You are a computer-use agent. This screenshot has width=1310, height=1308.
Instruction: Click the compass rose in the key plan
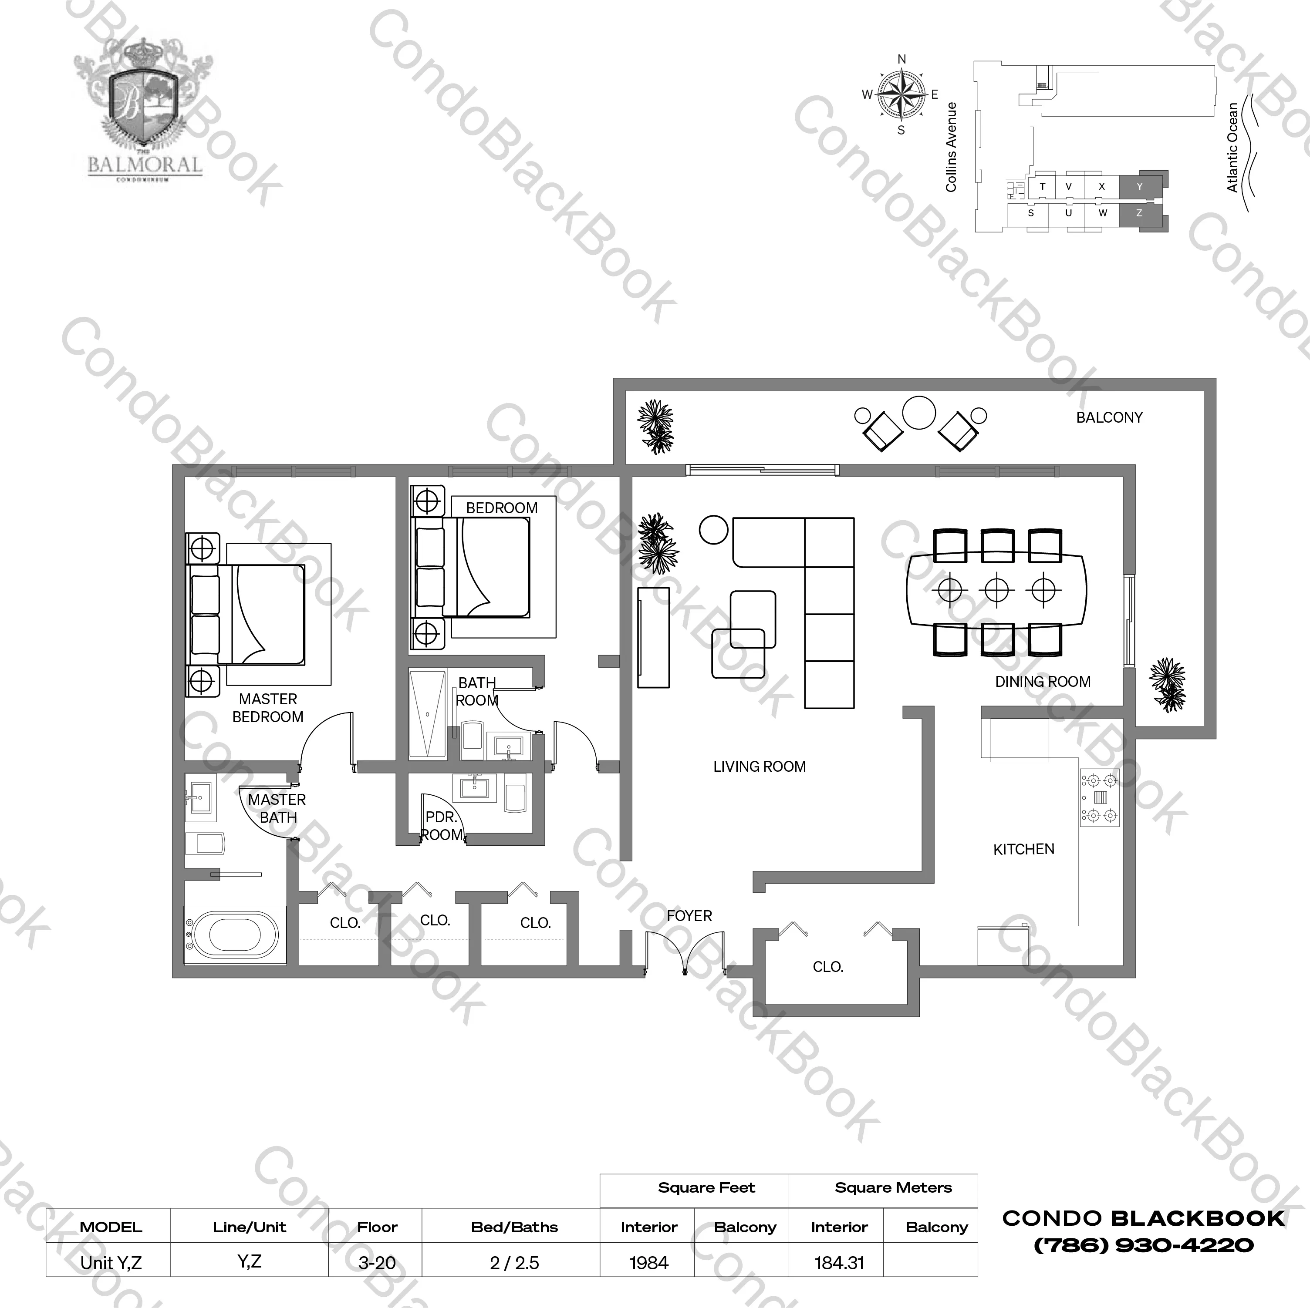(901, 95)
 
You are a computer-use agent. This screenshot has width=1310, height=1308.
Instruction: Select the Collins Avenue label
(951, 147)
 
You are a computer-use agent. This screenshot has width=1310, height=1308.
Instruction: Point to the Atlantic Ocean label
(1232, 147)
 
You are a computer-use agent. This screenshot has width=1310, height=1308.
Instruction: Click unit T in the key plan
(1042, 186)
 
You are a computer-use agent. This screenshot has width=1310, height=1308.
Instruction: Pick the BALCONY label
(1109, 417)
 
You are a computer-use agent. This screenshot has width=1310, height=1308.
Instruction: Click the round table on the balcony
(919, 413)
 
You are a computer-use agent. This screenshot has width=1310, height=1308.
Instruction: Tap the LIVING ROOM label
(760, 767)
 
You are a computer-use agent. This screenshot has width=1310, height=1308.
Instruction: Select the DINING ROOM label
(1043, 682)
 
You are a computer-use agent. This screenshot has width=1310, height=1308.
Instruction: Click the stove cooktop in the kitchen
(1099, 797)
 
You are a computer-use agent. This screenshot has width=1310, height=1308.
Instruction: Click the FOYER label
(689, 916)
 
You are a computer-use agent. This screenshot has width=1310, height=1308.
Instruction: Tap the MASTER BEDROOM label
(268, 708)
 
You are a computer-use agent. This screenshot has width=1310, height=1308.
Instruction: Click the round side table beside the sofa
(713, 530)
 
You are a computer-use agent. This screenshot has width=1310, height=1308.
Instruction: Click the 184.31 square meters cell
(839, 1263)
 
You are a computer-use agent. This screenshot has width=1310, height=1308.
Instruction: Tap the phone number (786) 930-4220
(1143, 1245)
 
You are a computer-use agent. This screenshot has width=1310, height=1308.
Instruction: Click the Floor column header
(377, 1227)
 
